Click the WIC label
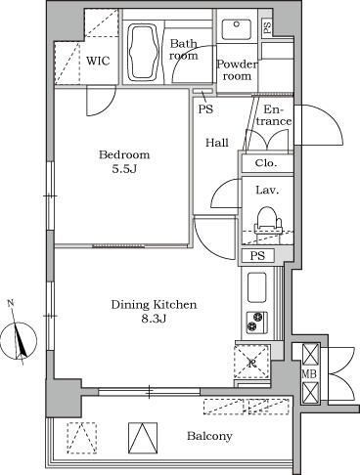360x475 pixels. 98,61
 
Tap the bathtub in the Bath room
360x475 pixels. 145,52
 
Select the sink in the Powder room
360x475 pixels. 237,29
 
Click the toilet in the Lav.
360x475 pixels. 268,222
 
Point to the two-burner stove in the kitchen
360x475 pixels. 256,322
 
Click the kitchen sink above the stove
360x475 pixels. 257,287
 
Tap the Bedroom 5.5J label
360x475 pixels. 124,161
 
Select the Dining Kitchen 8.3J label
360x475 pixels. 154,312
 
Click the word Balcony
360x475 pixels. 209,436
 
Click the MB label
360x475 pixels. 309,374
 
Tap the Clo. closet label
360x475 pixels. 266,162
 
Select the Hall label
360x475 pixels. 217,143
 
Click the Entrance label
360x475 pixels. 276,115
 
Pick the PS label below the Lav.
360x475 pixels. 257,256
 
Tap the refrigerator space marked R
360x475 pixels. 252,361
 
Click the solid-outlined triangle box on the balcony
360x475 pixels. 143,438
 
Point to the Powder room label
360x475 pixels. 237,70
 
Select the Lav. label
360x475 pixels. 267,190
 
